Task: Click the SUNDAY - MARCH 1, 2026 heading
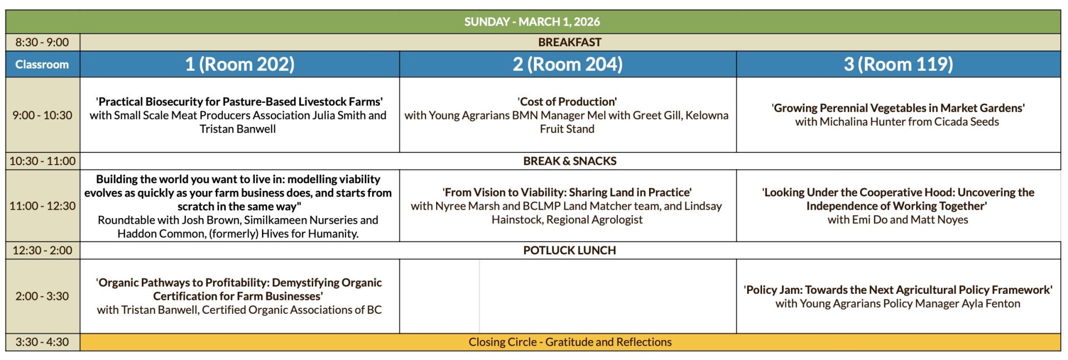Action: [x=532, y=22]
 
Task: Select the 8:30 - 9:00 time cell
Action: [x=42, y=42]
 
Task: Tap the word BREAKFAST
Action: [x=570, y=42]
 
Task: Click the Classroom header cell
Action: [x=42, y=65]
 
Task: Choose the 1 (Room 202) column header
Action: [x=240, y=65]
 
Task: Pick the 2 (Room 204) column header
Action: [x=567, y=65]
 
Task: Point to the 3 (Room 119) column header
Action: [x=898, y=65]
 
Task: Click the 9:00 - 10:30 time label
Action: [x=42, y=115]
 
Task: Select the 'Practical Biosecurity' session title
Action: [x=239, y=102]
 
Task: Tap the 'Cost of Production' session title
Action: [x=567, y=102]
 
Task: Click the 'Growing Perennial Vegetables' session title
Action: [x=898, y=108]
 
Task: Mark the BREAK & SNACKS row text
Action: [x=570, y=161]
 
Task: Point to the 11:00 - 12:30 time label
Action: [x=42, y=206]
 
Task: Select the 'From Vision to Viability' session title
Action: [x=567, y=193]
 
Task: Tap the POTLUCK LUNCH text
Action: [x=570, y=250]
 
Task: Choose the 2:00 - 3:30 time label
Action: [x=42, y=296]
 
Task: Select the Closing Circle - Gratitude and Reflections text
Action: [x=570, y=342]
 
